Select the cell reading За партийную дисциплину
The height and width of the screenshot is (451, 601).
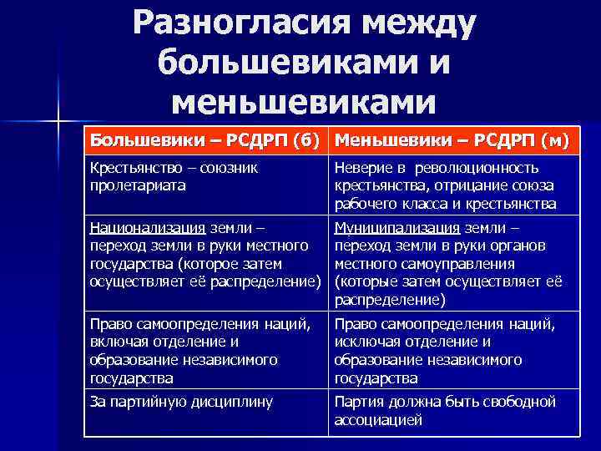pyautogui.click(x=181, y=402)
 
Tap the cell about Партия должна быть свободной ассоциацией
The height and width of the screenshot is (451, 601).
pyautogui.click(x=445, y=411)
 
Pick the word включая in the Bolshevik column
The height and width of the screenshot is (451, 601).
pyautogui.click(x=117, y=341)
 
